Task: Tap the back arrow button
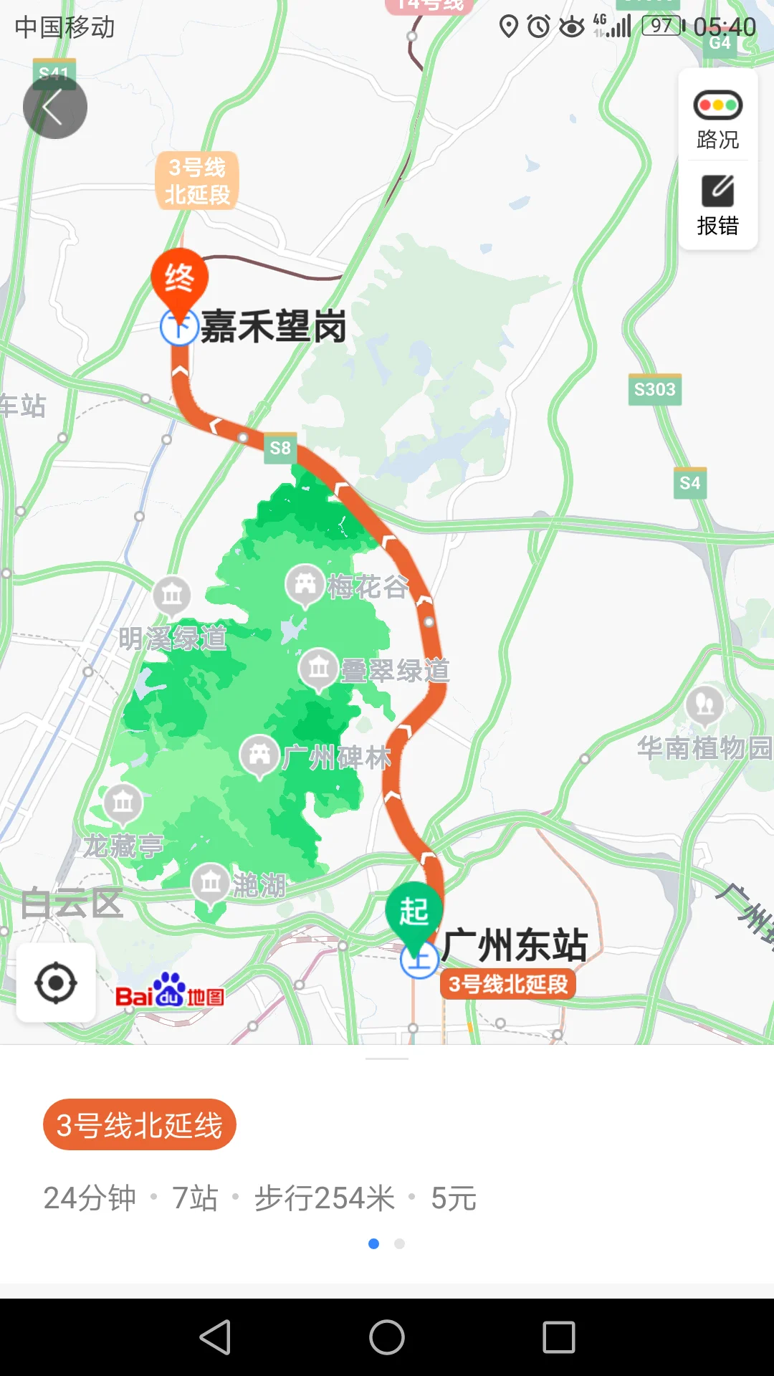tap(54, 107)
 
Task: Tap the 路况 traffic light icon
tap(717, 105)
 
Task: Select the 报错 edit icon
tap(717, 191)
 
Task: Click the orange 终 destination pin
tap(179, 278)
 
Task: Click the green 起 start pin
tap(414, 912)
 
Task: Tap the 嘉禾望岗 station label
tap(274, 327)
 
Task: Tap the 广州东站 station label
tap(515, 945)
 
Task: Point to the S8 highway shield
tap(279, 448)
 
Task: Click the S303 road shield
tap(654, 390)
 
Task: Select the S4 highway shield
tap(689, 483)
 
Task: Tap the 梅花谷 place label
tap(368, 587)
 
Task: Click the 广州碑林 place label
tap(337, 757)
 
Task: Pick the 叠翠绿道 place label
tap(395, 671)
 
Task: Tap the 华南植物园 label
tap(704, 748)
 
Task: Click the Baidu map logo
tap(170, 992)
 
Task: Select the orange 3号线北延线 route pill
tap(140, 1125)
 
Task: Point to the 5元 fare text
tap(454, 1198)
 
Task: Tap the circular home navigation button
tap(387, 1337)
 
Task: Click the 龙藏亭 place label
tap(123, 846)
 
